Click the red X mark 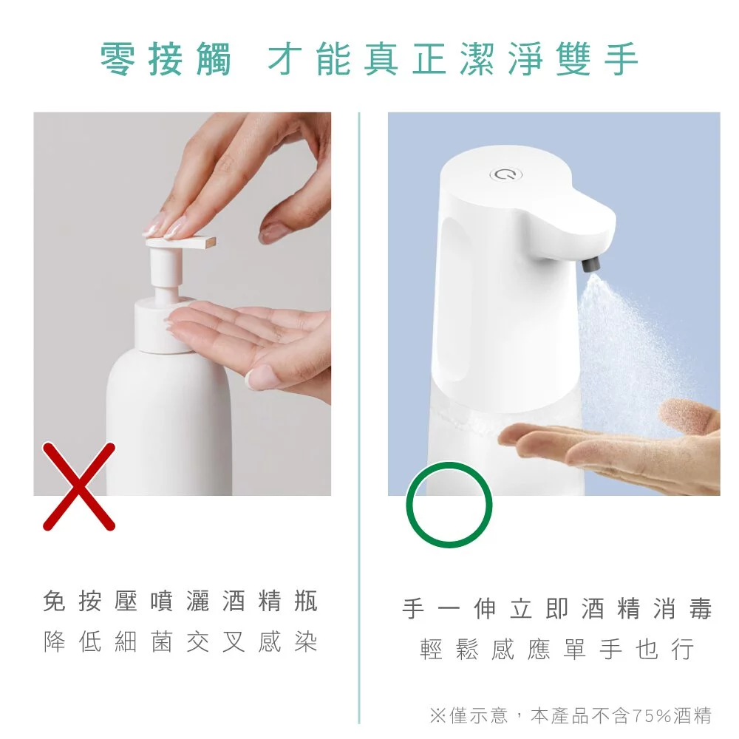pyautogui.click(x=78, y=486)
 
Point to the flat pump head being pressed pyautogui.click(x=181, y=242)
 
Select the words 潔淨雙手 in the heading pyautogui.click(x=551, y=59)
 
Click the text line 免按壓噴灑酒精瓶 pyautogui.click(x=181, y=602)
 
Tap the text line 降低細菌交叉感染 pyautogui.click(x=181, y=642)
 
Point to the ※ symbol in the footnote pyautogui.click(x=437, y=715)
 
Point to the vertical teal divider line pyautogui.click(x=359, y=414)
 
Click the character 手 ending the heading pyautogui.click(x=619, y=59)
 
